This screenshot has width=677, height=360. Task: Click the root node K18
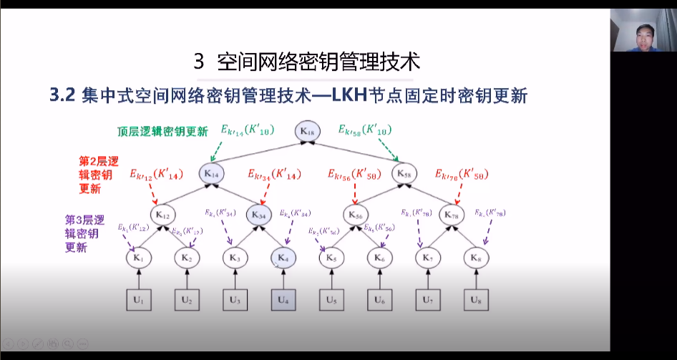(x=308, y=131)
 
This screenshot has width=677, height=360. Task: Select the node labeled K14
(x=211, y=172)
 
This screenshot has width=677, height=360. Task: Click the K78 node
(x=452, y=214)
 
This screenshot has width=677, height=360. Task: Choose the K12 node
(x=162, y=214)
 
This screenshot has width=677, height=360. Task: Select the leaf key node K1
(x=139, y=257)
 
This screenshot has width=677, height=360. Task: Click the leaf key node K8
(x=475, y=257)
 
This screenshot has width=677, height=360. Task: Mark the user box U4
(x=283, y=300)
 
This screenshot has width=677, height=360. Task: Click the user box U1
(x=139, y=300)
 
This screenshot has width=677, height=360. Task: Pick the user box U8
(x=475, y=300)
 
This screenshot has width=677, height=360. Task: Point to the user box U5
(x=331, y=300)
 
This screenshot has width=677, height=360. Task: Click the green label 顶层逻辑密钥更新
(x=163, y=132)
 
